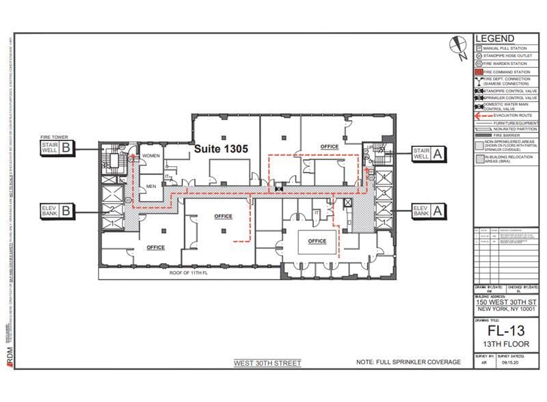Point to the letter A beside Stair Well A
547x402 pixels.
[x=437, y=155]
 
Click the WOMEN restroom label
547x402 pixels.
[x=150, y=157]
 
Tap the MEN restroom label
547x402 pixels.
[x=151, y=186]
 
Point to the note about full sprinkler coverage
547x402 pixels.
[x=408, y=362]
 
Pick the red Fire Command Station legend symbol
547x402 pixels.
[x=479, y=71]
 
